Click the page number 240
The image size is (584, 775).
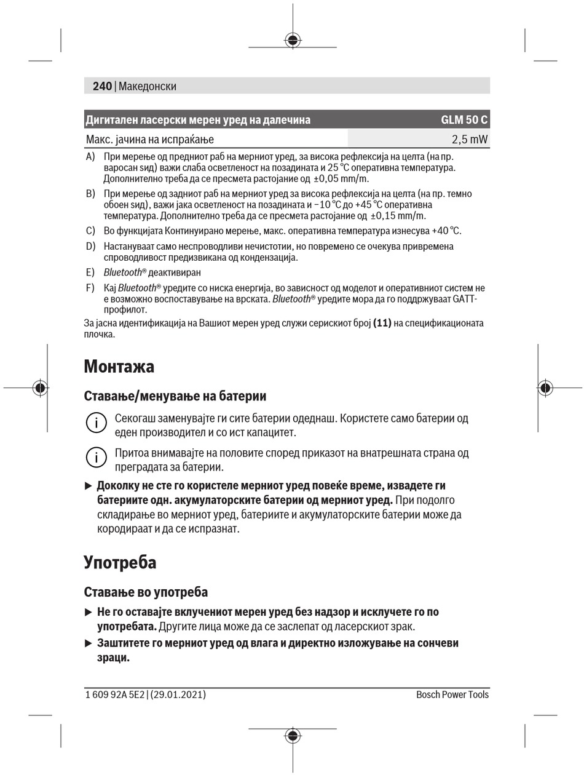(102, 87)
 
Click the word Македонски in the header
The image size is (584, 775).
(148, 87)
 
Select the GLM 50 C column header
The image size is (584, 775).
(464, 120)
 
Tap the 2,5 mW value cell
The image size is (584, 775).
(470, 140)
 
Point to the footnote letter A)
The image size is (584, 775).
(90, 157)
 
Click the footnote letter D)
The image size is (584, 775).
(90, 247)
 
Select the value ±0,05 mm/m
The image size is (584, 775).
(341, 179)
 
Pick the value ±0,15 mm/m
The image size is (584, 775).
(398, 216)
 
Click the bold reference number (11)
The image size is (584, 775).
(382, 323)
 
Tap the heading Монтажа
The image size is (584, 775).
(119, 367)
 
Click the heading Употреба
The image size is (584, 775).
(120, 563)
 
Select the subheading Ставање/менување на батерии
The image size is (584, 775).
(175, 395)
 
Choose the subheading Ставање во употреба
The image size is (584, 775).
(146, 592)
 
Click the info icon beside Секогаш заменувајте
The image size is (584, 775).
(96, 423)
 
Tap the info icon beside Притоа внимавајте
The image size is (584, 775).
(96, 458)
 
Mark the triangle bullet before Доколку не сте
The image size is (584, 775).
(88, 486)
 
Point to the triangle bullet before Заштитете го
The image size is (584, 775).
(88, 643)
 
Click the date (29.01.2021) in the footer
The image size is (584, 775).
(178, 695)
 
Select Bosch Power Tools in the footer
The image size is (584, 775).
(452, 695)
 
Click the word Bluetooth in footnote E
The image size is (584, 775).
(123, 272)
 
